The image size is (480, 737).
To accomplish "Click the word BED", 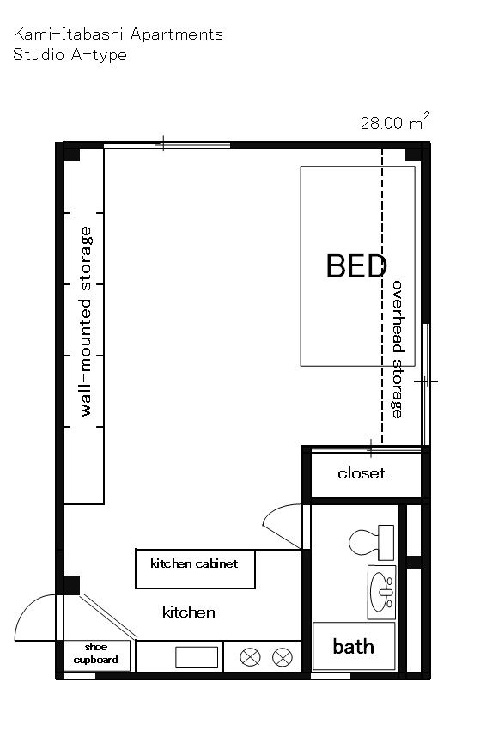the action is pyautogui.click(x=356, y=265).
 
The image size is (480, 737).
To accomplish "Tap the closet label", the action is pyautogui.click(x=362, y=472).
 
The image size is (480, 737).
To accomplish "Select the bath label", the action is pyautogui.click(x=353, y=647).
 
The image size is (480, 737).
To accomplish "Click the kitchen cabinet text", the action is pyautogui.click(x=194, y=563).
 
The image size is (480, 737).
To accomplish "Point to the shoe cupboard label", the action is pyautogui.click(x=96, y=654).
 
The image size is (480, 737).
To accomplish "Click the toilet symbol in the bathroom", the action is pyautogui.click(x=371, y=542).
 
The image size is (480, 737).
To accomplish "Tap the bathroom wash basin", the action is pyautogui.click(x=381, y=592).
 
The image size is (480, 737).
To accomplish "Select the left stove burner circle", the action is pyautogui.click(x=250, y=656).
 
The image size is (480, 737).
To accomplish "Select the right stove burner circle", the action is pyautogui.click(x=283, y=657).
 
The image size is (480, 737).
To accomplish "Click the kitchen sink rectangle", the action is pyautogui.click(x=197, y=657).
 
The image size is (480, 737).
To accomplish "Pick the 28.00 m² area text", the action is pyautogui.click(x=395, y=121).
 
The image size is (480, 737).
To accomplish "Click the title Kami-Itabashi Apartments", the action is pyautogui.click(x=118, y=34).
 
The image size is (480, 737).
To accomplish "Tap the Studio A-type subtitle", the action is pyautogui.click(x=70, y=55).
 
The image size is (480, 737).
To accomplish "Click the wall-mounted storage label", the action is pyautogui.click(x=86, y=321).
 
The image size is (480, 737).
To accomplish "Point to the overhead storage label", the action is pyautogui.click(x=398, y=350).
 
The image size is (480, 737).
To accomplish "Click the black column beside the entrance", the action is pyautogui.click(x=71, y=585).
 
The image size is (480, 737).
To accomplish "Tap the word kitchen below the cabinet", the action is pyautogui.click(x=189, y=612).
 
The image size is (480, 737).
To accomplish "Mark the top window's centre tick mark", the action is pyautogui.click(x=163, y=143).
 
